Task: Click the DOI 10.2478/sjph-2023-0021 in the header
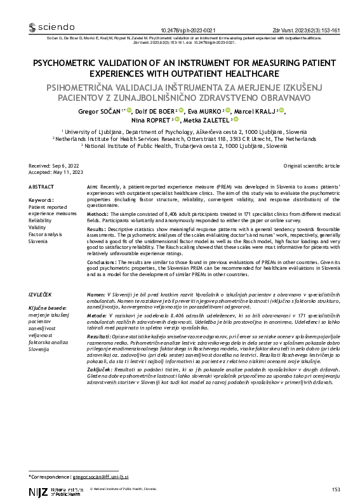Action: pyautogui.click(x=189, y=30)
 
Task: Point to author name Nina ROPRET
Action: pyautogui.click(x=150, y=119)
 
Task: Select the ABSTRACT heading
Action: pyautogui.click(x=43, y=186)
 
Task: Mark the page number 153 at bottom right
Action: pyautogui.click(x=336, y=489)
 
